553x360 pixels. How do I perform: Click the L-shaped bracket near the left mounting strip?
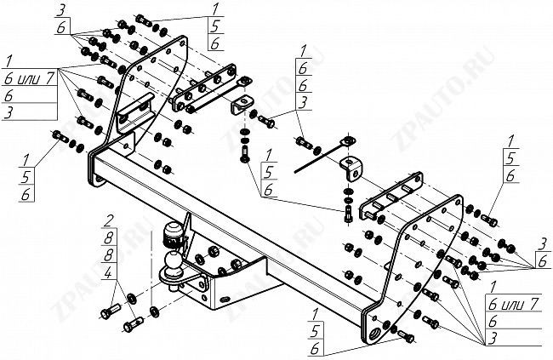[241, 100]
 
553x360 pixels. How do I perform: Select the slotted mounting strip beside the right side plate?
[391, 195]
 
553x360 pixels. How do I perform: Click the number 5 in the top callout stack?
[212, 26]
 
